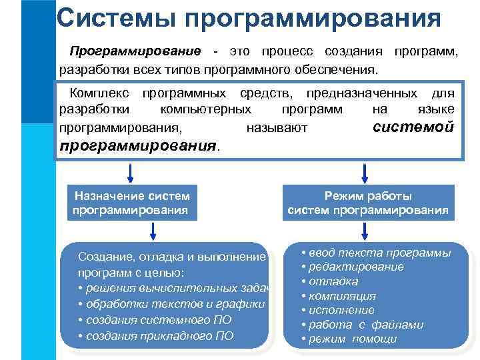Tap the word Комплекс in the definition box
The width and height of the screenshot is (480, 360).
click(x=99, y=93)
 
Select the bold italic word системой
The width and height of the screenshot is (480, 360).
click(x=413, y=127)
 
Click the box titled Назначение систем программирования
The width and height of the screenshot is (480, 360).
click(x=132, y=203)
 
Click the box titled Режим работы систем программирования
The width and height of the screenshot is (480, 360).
click(x=367, y=203)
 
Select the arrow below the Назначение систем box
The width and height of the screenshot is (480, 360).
click(x=153, y=231)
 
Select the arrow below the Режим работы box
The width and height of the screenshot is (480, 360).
click(x=364, y=231)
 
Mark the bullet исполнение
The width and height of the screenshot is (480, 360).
click(x=337, y=310)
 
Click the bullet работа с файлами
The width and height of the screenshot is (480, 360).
click(x=362, y=325)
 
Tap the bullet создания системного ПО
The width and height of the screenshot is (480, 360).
click(x=155, y=319)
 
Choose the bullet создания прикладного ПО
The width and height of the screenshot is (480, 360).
click(x=156, y=335)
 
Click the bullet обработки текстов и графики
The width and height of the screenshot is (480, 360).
click(x=171, y=304)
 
